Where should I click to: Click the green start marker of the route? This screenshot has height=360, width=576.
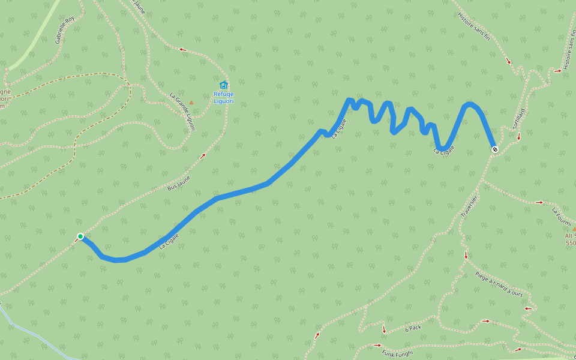(80, 236)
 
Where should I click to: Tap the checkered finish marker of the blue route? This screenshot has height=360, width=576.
(494, 149)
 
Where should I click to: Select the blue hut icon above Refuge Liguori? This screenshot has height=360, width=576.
(224, 85)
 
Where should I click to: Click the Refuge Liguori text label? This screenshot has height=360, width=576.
(224, 98)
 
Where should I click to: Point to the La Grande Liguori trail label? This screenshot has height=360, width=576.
(182, 106)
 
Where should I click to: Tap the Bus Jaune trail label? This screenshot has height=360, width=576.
(179, 183)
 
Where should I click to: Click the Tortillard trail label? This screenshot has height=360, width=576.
(519, 119)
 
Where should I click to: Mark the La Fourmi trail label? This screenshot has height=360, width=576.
(562, 215)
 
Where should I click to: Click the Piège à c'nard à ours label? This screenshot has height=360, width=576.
(499, 284)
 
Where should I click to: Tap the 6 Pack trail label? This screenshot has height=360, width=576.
(413, 328)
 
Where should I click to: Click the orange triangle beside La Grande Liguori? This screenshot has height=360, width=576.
(191, 102)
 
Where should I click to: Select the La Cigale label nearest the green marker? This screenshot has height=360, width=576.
(169, 242)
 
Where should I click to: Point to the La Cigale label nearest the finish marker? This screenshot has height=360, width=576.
(444, 149)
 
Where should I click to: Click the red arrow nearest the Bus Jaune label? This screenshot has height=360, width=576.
(202, 156)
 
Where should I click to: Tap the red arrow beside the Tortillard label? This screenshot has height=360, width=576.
(519, 137)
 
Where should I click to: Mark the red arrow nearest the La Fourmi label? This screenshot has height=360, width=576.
(539, 203)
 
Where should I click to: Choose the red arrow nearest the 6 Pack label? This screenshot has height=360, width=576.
(384, 330)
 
